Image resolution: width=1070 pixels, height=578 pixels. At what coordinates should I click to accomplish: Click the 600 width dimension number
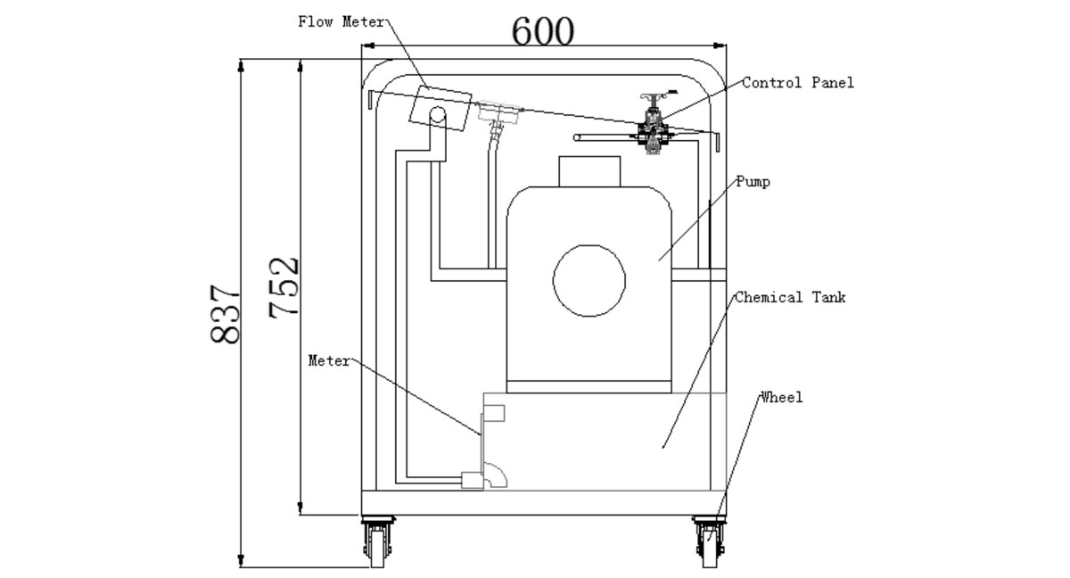pos(543,32)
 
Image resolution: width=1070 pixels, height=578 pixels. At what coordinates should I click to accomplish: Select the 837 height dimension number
pos(226,314)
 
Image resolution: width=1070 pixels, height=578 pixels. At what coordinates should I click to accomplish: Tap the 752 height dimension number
pos(284,287)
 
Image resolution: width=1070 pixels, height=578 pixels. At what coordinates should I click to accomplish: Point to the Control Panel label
pos(798,83)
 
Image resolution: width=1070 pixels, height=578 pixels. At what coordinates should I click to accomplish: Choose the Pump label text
pos(753,182)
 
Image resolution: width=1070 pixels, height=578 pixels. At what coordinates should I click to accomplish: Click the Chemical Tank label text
pos(789,298)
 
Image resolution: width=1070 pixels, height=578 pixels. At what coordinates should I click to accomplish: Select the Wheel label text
pos(781,398)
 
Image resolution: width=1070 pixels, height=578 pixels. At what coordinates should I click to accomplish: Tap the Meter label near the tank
pos(329,361)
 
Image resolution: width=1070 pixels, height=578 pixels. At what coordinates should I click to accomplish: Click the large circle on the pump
pos(589,280)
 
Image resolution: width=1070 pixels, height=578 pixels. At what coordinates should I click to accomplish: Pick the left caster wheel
pos(374,542)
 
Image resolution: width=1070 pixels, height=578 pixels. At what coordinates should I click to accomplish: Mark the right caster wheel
pos(708,542)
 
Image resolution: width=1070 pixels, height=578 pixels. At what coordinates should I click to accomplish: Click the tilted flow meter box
pos(440,107)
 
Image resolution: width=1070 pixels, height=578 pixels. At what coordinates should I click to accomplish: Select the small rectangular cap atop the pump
pos(588,171)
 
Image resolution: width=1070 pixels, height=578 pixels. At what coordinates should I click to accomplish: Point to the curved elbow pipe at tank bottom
pos(496,477)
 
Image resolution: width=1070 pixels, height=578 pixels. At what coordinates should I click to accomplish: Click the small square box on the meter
pos(494,412)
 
